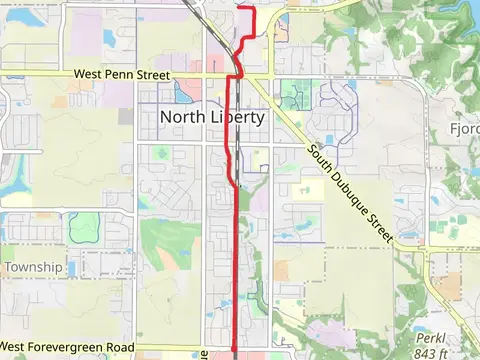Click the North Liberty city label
click(x=212, y=117)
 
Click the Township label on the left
click(x=33, y=267)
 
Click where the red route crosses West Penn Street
click(x=238, y=76)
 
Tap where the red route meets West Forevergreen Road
click(x=235, y=347)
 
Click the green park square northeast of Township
click(x=81, y=228)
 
